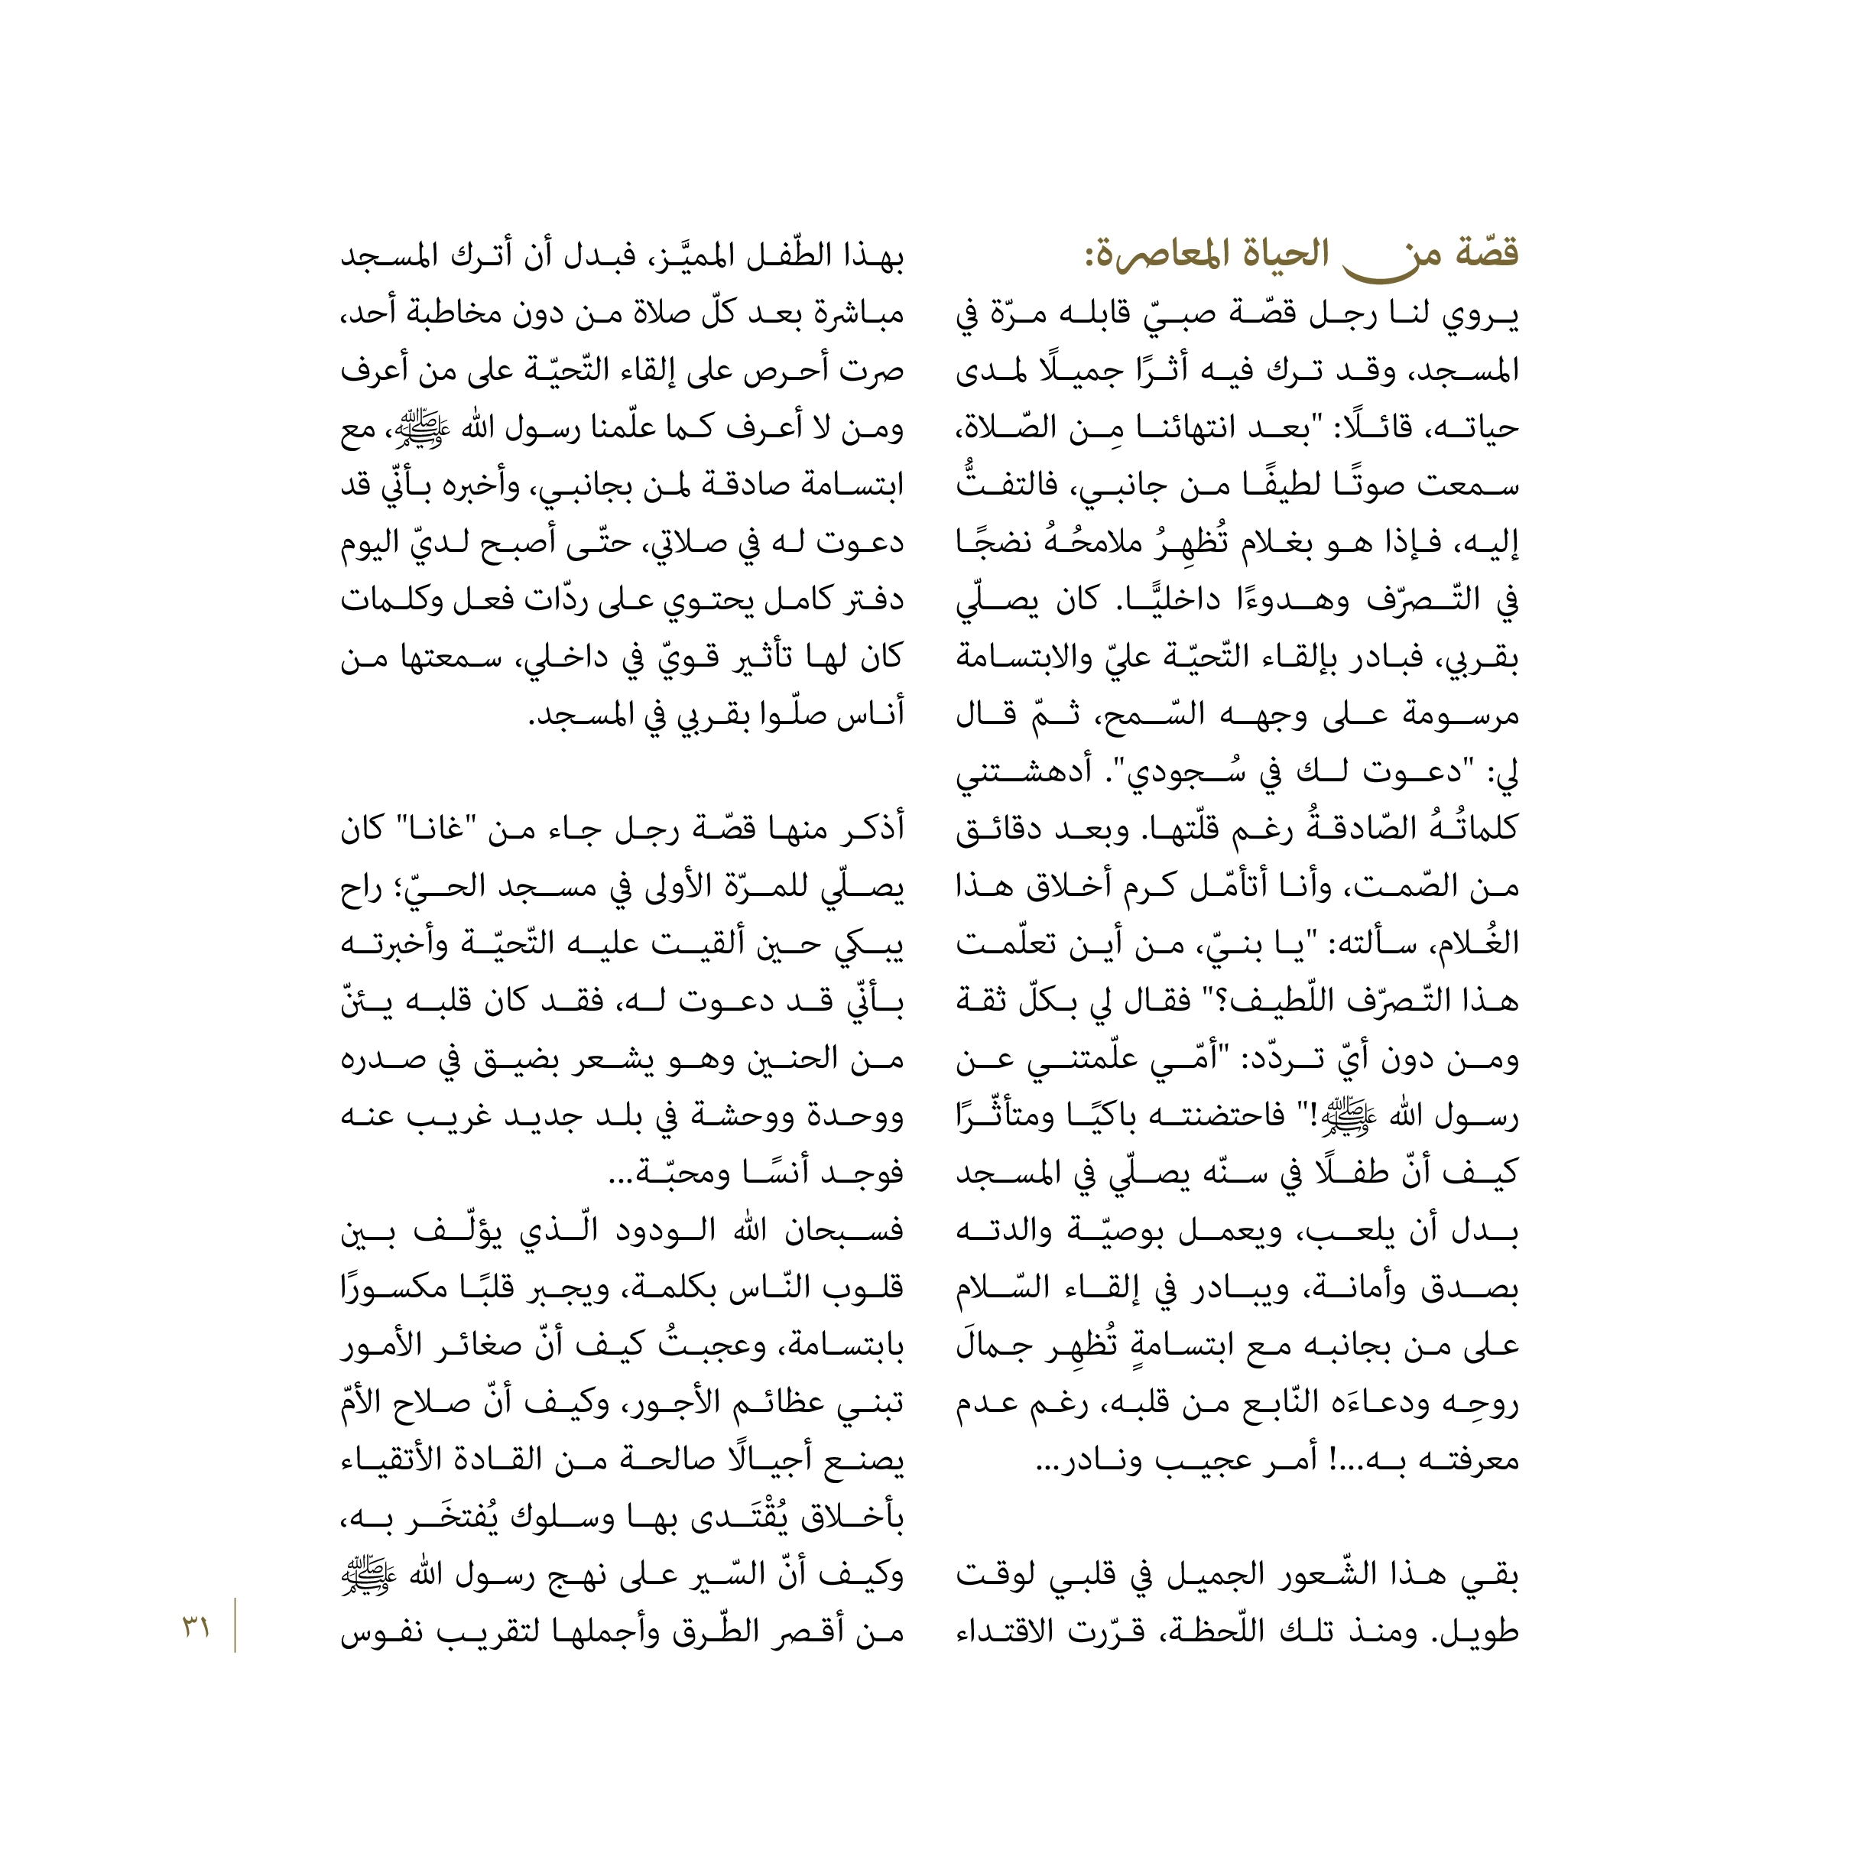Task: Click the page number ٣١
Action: [x=196, y=1629]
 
